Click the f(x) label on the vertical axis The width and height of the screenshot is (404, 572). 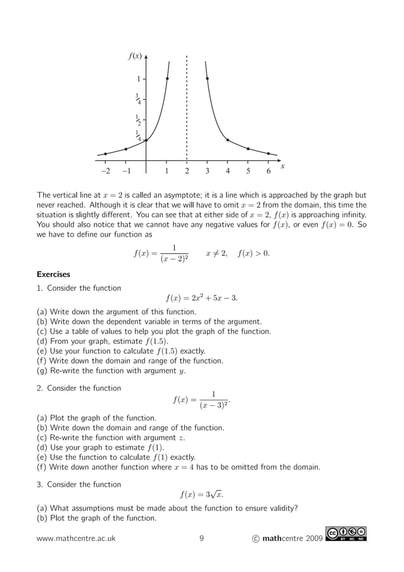135,56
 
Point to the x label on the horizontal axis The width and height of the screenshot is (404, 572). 282,166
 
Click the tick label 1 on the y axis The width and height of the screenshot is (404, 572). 139,79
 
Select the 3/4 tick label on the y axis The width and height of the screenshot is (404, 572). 137,98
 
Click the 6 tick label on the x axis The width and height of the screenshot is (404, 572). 268,171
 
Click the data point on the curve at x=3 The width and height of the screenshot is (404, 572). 207,79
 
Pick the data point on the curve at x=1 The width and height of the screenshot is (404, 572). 167,79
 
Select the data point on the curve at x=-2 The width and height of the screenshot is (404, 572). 105,154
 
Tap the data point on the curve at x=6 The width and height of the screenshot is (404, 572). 268,154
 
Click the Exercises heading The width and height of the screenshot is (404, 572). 53,274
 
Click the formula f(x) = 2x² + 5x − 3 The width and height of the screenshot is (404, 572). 201,298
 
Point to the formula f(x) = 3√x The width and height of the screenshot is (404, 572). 201,494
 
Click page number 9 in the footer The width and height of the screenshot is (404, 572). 201,538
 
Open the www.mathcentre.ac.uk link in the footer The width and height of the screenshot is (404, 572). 76,538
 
